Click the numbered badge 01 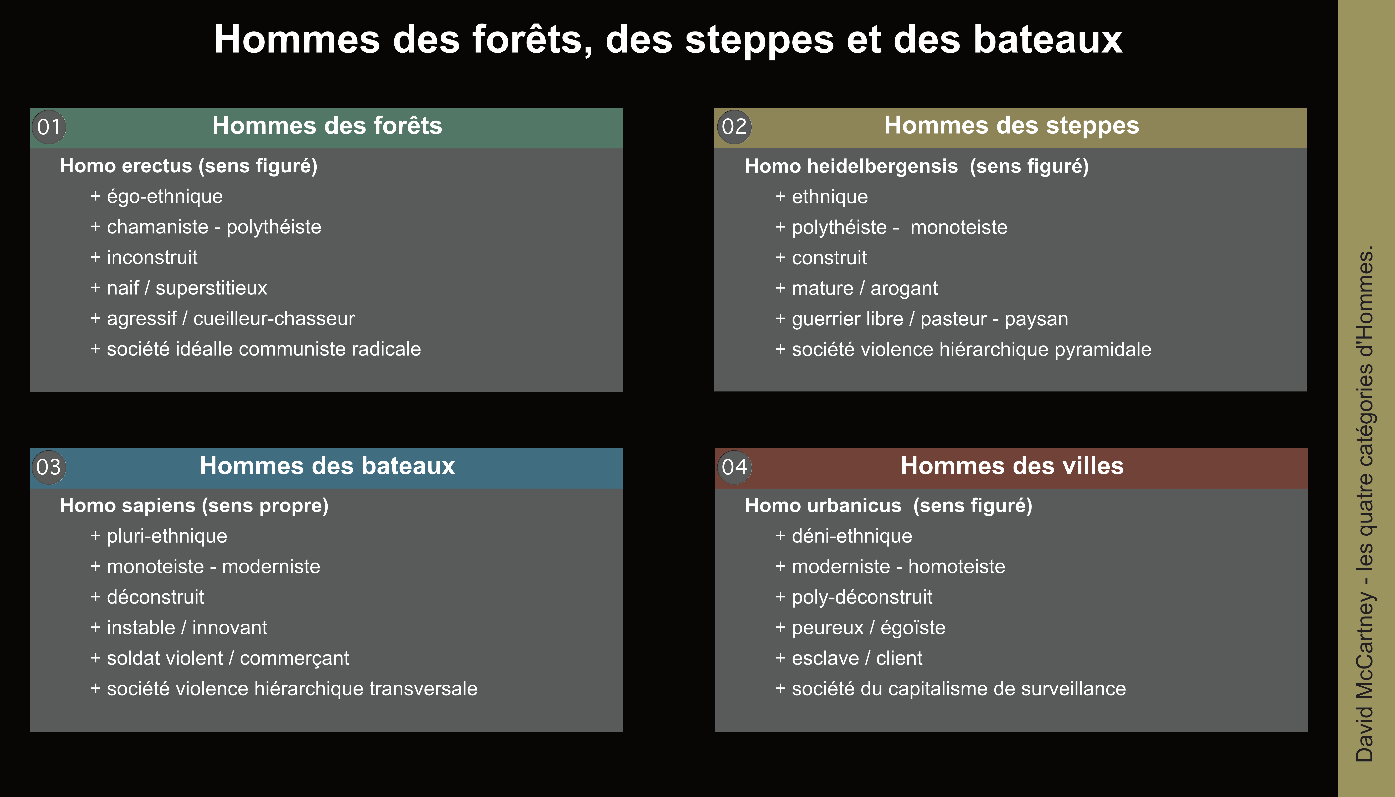point(49,127)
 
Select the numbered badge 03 point(49,467)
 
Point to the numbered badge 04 point(734,467)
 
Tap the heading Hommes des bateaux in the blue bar point(327,466)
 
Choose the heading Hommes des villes point(1012,466)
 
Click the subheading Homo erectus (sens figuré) point(189,166)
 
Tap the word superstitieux point(211,288)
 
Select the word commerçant point(295,658)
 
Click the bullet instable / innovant point(179,627)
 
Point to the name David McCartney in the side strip point(1365,677)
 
